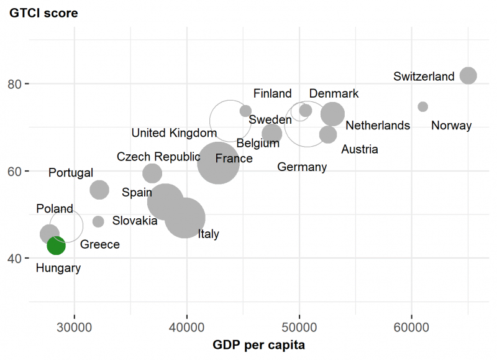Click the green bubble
coord(56,246)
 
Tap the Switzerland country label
coord(424,77)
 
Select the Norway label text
coord(451,126)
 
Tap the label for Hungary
coord(58,269)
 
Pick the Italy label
coord(208,234)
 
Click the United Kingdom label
coord(174,133)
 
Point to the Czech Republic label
coord(158,157)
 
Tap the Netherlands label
coord(378,126)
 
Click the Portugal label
coord(71,173)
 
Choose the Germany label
coord(302,167)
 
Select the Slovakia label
coord(135,221)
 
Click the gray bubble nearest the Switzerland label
coord(468,76)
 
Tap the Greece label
coord(100,244)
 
